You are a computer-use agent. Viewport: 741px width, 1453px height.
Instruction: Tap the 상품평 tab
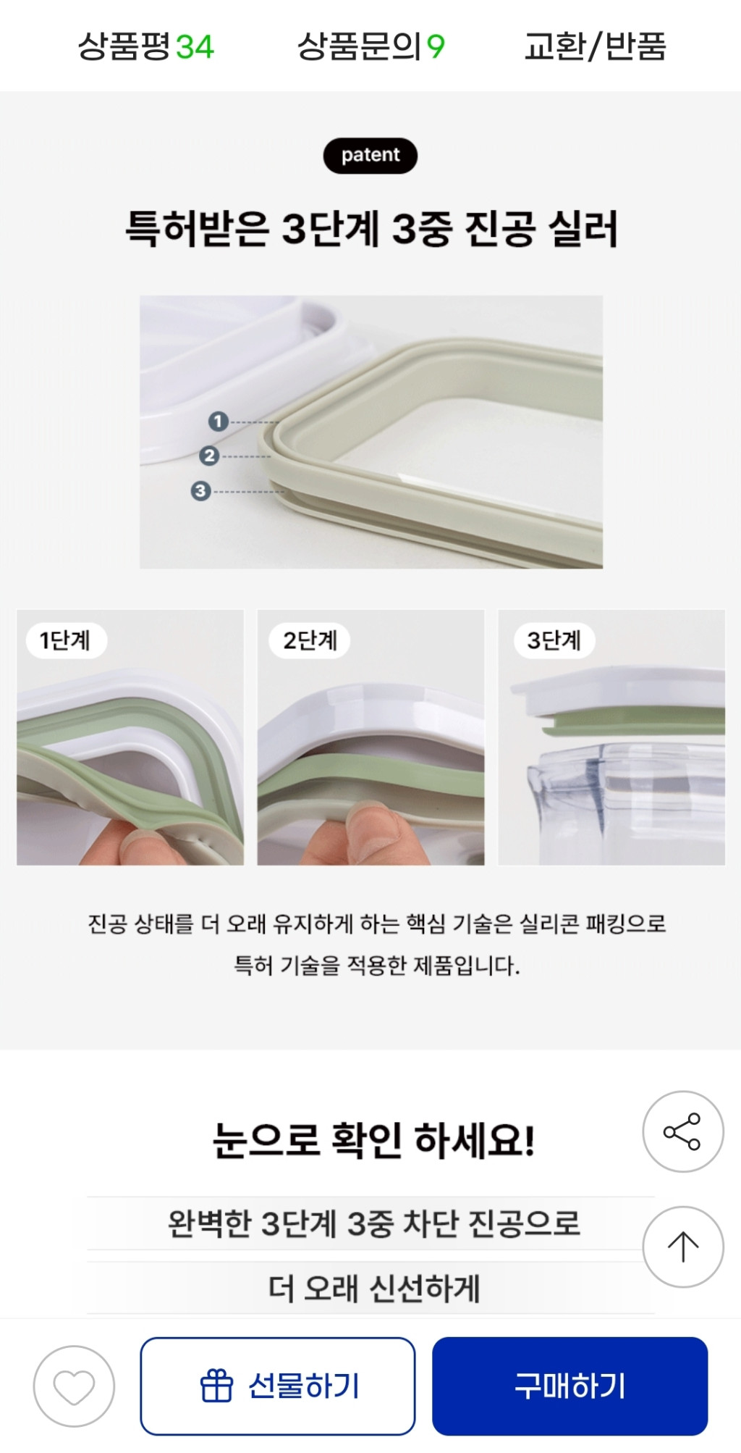click(145, 47)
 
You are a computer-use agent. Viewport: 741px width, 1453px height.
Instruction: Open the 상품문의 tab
click(370, 47)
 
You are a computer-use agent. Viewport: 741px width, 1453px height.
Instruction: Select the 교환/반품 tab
click(595, 47)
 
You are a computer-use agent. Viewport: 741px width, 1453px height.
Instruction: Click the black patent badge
click(370, 155)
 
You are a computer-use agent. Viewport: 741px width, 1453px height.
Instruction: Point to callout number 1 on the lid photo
click(218, 421)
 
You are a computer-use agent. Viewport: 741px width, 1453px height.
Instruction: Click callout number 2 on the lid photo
click(209, 456)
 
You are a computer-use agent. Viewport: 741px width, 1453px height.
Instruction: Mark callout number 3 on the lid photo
click(200, 490)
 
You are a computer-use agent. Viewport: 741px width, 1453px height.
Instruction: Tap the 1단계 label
click(65, 640)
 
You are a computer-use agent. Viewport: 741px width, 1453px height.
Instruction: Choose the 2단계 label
click(310, 640)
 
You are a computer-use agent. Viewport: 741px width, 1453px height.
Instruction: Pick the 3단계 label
click(554, 640)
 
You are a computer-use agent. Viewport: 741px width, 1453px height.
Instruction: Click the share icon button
click(682, 1131)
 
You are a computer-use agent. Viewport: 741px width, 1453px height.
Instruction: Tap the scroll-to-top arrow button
click(682, 1247)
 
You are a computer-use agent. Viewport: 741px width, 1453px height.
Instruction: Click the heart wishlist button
click(74, 1386)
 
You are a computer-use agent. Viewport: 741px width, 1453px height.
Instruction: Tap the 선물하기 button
click(278, 1386)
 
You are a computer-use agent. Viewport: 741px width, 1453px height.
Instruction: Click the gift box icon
click(216, 1386)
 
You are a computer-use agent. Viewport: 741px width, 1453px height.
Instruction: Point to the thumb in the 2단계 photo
click(370, 833)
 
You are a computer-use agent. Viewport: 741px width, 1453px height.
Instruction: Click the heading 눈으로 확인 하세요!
click(373, 1140)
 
